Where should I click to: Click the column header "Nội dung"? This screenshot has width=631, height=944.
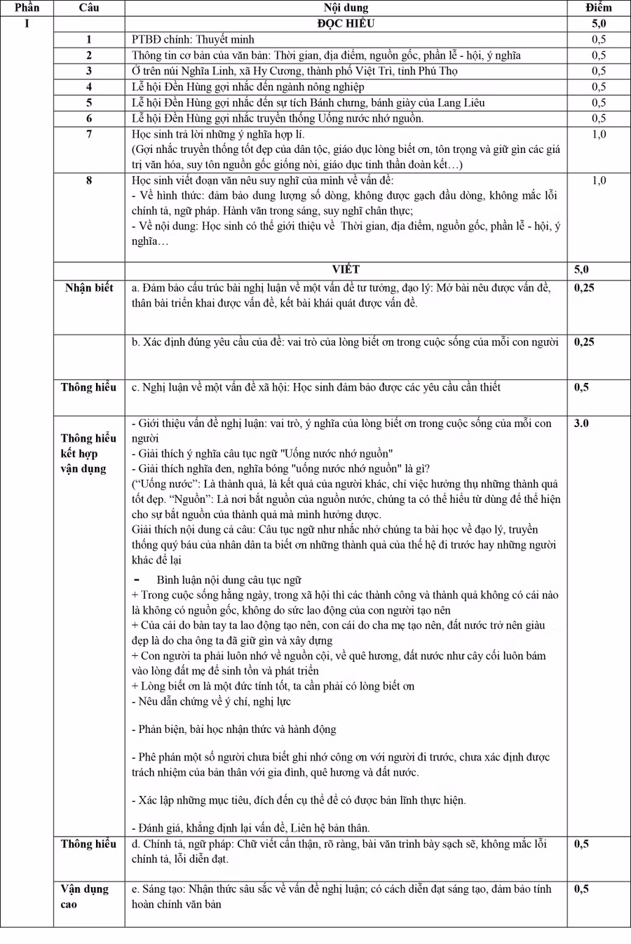tap(346, 8)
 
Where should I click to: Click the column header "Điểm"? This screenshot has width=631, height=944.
tap(598, 8)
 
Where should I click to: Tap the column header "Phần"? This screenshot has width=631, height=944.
tap(27, 8)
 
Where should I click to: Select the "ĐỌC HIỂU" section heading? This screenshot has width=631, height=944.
tap(346, 23)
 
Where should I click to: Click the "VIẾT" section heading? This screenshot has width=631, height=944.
tap(346, 269)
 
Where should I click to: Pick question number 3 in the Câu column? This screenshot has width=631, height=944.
tap(89, 71)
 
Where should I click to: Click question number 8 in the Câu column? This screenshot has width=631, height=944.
tap(89, 180)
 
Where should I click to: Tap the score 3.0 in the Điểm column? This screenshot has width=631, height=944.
tap(581, 424)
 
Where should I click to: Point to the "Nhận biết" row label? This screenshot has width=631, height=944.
tap(89, 288)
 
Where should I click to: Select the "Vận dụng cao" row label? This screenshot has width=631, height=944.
tap(84, 896)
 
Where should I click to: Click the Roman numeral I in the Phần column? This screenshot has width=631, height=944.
tap(27, 23)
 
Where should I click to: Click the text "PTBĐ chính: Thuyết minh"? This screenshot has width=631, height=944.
tap(193, 40)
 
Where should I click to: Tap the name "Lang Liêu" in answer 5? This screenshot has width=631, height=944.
tap(461, 102)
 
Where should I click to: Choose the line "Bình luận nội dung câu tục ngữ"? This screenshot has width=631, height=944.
tap(229, 580)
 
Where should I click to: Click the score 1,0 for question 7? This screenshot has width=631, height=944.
tap(598, 134)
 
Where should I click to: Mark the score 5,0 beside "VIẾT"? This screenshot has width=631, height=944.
tap(581, 269)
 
